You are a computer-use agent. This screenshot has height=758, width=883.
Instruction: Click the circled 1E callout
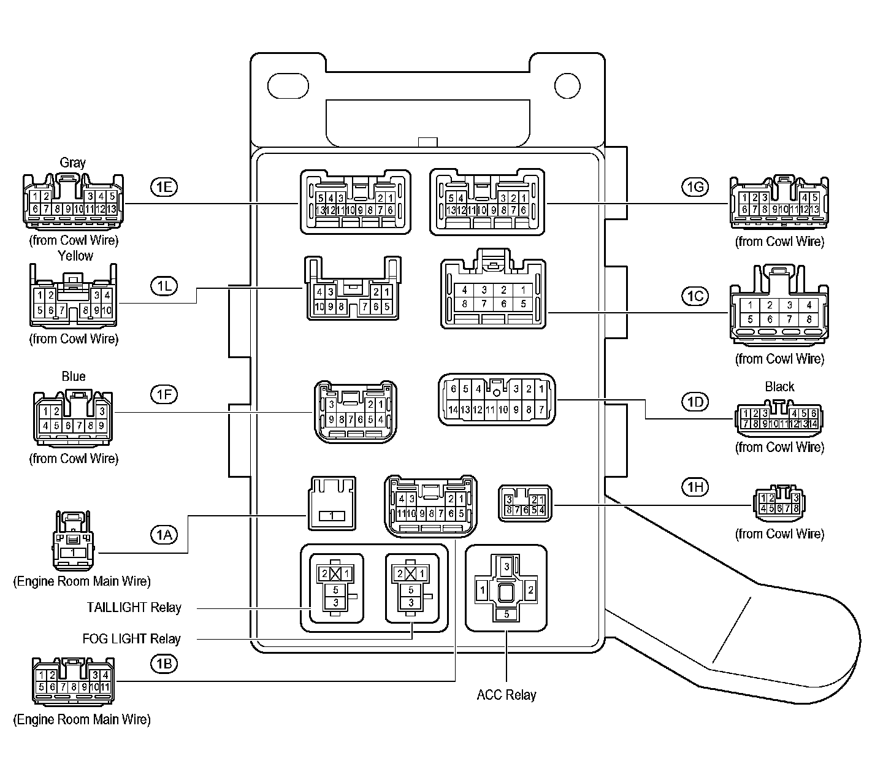[x=164, y=187]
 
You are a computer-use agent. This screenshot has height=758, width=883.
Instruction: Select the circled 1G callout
[x=695, y=187]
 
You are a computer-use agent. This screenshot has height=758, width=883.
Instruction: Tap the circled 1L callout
[x=164, y=286]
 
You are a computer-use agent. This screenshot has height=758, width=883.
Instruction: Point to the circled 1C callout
[x=695, y=296]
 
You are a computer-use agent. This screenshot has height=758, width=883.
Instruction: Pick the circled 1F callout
[x=164, y=394]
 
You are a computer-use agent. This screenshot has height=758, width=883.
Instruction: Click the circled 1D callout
[x=695, y=402]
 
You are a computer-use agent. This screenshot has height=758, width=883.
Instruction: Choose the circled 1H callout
[x=695, y=487]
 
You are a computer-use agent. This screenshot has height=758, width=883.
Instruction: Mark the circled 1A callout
[x=164, y=535]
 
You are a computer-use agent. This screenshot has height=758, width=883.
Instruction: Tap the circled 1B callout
[x=164, y=664]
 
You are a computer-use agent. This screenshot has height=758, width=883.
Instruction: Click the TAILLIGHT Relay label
[x=134, y=608]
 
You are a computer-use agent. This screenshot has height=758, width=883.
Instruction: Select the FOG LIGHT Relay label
[x=132, y=639]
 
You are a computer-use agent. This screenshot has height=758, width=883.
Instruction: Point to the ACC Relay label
[x=506, y=695]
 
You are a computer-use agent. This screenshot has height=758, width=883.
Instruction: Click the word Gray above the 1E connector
[x=72, y=163]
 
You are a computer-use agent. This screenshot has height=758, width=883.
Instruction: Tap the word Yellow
[x=75, y=256]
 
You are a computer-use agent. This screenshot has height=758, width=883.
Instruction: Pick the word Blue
[x=74, y=377]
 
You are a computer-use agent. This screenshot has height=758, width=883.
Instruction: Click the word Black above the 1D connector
[x=779, y=387]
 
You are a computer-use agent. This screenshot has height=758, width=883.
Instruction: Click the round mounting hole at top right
[x=567, y=86]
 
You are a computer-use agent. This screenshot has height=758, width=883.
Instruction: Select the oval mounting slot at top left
[x=288, y=86]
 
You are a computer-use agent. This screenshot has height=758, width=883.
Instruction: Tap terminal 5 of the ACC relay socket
[x=506, y=614]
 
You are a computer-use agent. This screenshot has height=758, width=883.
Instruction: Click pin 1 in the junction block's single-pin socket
[x=332, y=516]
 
